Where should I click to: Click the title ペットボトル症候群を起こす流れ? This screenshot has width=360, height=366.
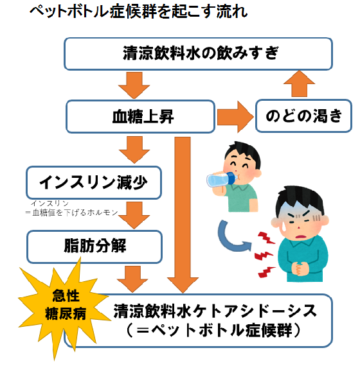pos(138,11)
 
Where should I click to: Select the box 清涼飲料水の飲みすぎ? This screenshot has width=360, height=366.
pos(198,54)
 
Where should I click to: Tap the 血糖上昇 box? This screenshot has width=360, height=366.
pos(141,116)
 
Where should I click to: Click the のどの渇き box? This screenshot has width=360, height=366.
pos(303,116)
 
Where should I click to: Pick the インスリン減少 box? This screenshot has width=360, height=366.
pos(94,182)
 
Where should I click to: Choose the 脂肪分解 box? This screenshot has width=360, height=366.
pos(94,247)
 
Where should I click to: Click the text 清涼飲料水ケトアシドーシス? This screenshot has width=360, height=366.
pos(215,311)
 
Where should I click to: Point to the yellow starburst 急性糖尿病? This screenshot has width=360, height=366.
pos(64,306)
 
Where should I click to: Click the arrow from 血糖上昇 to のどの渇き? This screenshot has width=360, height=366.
pos(235,117)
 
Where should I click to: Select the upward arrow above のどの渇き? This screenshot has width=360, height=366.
pos(299,83)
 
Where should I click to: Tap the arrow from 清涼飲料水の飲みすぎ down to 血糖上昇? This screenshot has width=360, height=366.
pos(134,85)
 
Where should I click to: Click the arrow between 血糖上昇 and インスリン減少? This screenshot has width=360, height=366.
pos(134,150)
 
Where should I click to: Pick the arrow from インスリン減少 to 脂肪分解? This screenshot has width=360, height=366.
pos(134,215)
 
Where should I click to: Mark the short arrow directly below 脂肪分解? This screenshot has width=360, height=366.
pos(132,279)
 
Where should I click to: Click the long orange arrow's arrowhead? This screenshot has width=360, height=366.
pos(183,285)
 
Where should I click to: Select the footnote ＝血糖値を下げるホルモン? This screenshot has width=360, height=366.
pos(72,213)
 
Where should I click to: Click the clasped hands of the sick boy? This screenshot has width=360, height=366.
pos(301,268)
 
